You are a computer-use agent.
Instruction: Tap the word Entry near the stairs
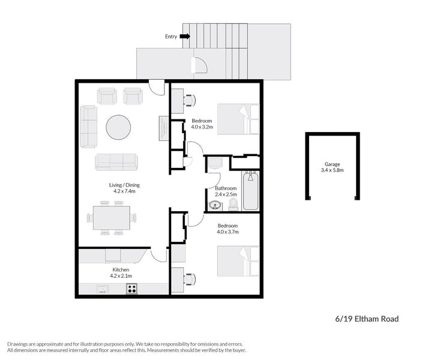pyautogui.click(x=171, y=37)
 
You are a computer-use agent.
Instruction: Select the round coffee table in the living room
pyautogui.click(x=118, y=127)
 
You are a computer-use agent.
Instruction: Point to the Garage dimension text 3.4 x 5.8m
pyautogui.click(x=333, y=170)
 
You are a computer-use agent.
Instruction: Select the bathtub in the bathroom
pyautogui.click(x=251, y=191)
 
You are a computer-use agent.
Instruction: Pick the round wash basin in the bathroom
pyautogui.click(x=215, y=206)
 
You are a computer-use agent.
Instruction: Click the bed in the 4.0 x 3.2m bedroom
pyautogui.click(x=238, y=119)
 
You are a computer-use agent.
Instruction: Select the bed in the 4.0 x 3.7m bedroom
pyautogui.click(x=238, y=261)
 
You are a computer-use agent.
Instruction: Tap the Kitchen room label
pyautogui.click(x=121, y=269)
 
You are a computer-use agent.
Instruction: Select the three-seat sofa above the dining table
pyautogui.click(x=116, y=162)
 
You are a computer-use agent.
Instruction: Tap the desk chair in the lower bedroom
pyautogui.click(x=190, y=278)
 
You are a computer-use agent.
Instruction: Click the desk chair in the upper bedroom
pyautogui.click(x=190, y=100)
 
